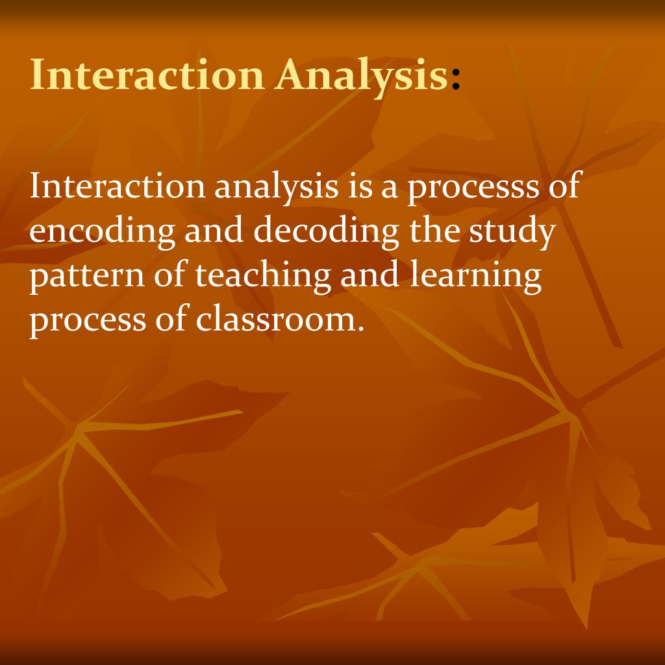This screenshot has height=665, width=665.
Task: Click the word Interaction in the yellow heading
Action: tap(147, 75)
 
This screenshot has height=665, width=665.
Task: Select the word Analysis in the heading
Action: tap(360, 76)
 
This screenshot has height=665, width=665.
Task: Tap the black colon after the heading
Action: tap(456, 78)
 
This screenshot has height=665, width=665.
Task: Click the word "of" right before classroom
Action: tap(172, 320)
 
